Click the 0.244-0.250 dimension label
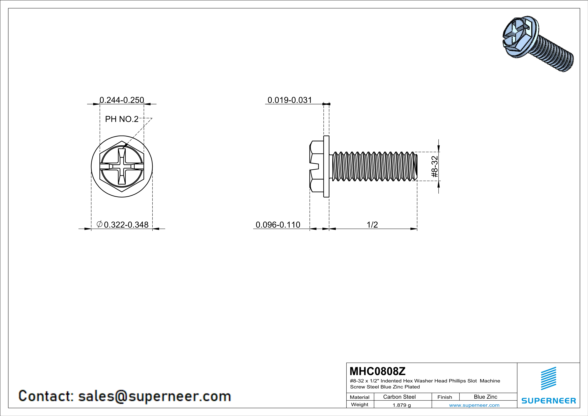(x=122, y=100)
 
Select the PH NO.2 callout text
(x=122, y=119)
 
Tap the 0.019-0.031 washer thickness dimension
(x=290, y=100)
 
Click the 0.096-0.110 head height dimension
(x=278, y=225)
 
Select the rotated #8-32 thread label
(x=435, y=167)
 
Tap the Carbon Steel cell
(x=399, y=397)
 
